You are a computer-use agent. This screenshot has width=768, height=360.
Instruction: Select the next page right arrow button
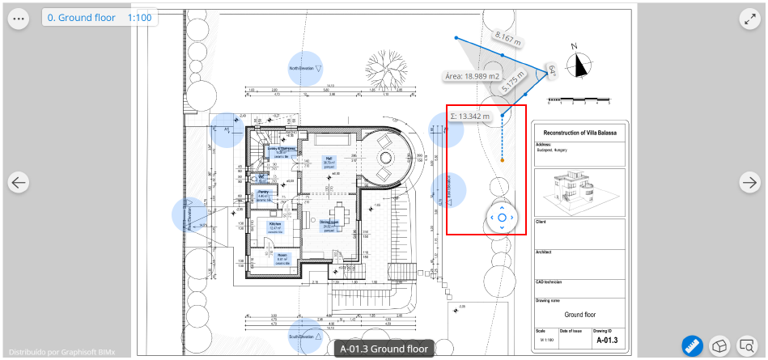click(750, 183)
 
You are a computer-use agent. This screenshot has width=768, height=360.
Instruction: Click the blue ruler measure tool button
click(691, 345)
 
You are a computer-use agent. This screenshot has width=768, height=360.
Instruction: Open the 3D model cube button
click(719, 345)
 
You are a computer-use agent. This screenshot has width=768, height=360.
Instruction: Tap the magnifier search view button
click(747, 345)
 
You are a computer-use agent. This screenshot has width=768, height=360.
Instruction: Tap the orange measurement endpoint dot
click(503, 161)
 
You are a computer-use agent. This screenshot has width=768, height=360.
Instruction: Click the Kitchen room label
click(275, 225)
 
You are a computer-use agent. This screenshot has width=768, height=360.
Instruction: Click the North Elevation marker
click(305, 69)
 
